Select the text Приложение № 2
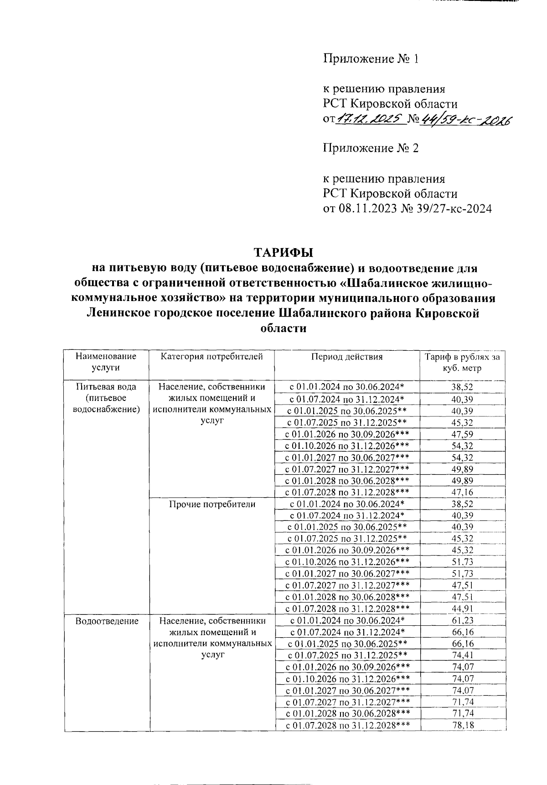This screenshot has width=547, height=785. [370, 148]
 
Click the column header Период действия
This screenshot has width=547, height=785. [347, 357]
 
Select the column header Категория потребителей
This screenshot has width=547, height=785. [212, 357]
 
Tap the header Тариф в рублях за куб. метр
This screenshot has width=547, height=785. [462, 362]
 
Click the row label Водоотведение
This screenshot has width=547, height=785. [107, 621]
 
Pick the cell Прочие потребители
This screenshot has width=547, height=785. [212, 504]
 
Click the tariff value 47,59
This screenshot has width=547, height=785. [462, 434]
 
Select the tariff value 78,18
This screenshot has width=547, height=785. [462, 725]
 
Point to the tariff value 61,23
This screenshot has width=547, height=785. [462, 620]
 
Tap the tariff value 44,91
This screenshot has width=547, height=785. [462, 609]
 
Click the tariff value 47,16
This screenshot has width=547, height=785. [462, 492]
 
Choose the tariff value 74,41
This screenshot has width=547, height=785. [462, 655]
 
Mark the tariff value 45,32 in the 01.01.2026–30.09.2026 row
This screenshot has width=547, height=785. [462, 551]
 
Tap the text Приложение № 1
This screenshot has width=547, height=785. [370, 59]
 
